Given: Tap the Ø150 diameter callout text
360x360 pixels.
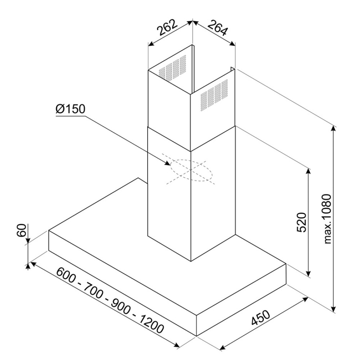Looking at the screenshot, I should [71, 109].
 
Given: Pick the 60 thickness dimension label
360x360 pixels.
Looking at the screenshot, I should [22, 230].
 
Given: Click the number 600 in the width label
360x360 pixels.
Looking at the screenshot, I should [67, 277].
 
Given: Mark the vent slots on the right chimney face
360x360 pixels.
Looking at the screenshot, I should [214, 95].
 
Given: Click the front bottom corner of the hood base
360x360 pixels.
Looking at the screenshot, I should [197, 336].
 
